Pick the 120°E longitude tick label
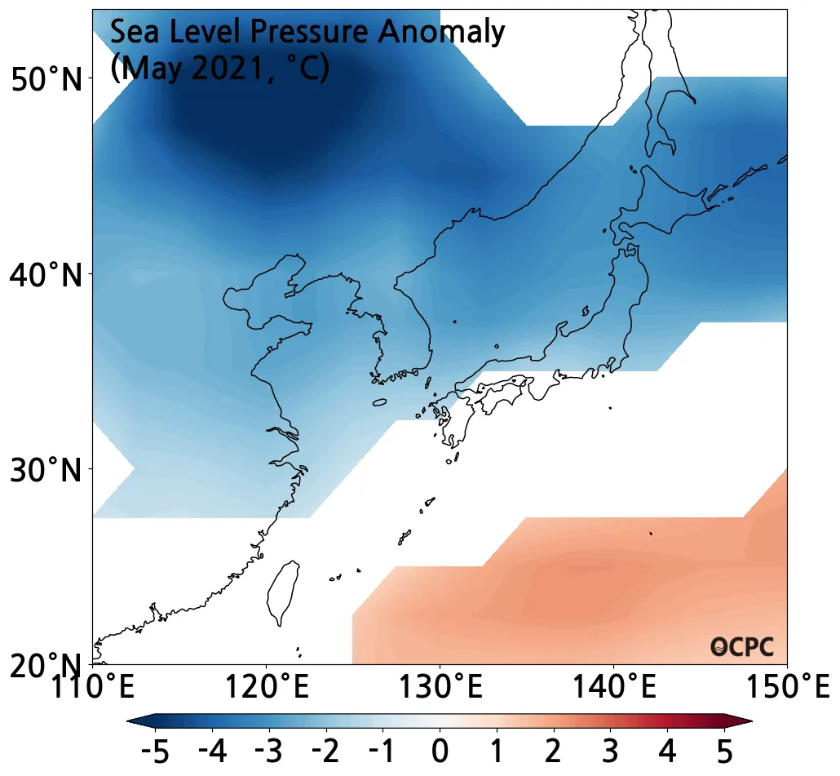point(266,686)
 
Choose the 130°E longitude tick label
point(440,686)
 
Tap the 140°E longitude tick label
point(613,686)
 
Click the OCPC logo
point(741,647)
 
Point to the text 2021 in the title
point(224,69)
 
